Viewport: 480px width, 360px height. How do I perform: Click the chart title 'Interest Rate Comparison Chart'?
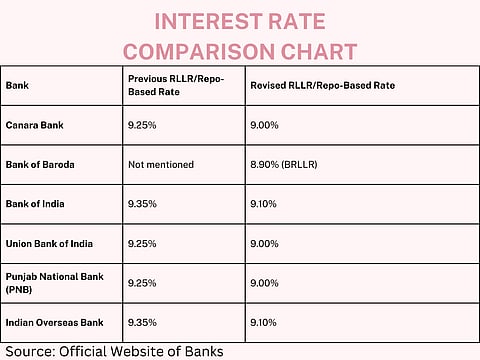[x=239, y=35]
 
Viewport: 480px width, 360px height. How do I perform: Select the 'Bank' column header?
[x=16, y=86]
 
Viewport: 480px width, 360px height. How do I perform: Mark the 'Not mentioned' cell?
[x=161, y=164]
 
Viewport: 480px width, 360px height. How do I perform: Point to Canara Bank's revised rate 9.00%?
[x=265, y=125]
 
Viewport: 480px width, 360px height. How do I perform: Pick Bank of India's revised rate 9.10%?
[x=265, y=203]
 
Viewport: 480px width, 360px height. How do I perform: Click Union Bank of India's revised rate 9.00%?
[x=265, y=243]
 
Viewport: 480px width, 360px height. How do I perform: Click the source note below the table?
[x=112, y=351]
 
